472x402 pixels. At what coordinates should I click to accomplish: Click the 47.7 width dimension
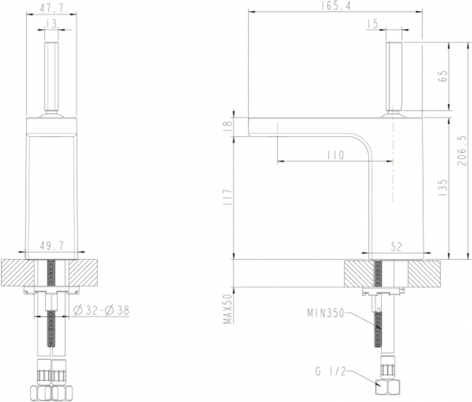coord(51,8)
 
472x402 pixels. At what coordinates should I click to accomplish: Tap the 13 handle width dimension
coord(51,24)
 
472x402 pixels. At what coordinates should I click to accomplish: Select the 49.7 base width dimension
coord(52,246)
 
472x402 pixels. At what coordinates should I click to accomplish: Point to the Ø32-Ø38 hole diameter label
coord(101,310)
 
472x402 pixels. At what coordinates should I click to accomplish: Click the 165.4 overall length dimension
coord(336,6)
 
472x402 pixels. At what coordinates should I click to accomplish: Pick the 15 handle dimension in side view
coord(373,24)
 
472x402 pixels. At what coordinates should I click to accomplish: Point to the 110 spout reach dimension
coord(335,155)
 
